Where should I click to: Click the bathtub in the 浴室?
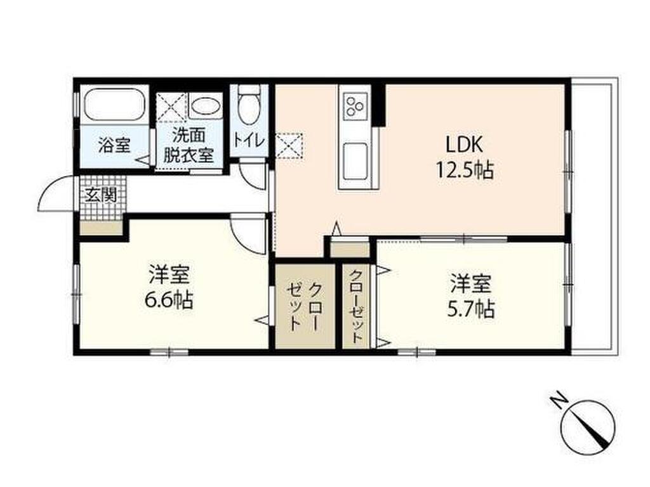(114, 105)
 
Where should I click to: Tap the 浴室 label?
(114, 145)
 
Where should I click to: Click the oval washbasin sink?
(205, 106)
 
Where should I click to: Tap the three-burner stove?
(355, 105)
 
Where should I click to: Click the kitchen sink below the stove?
(354, 155)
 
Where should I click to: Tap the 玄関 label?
(102, 195)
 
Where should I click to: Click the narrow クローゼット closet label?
(356, 306)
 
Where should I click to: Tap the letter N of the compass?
(559, 401)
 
